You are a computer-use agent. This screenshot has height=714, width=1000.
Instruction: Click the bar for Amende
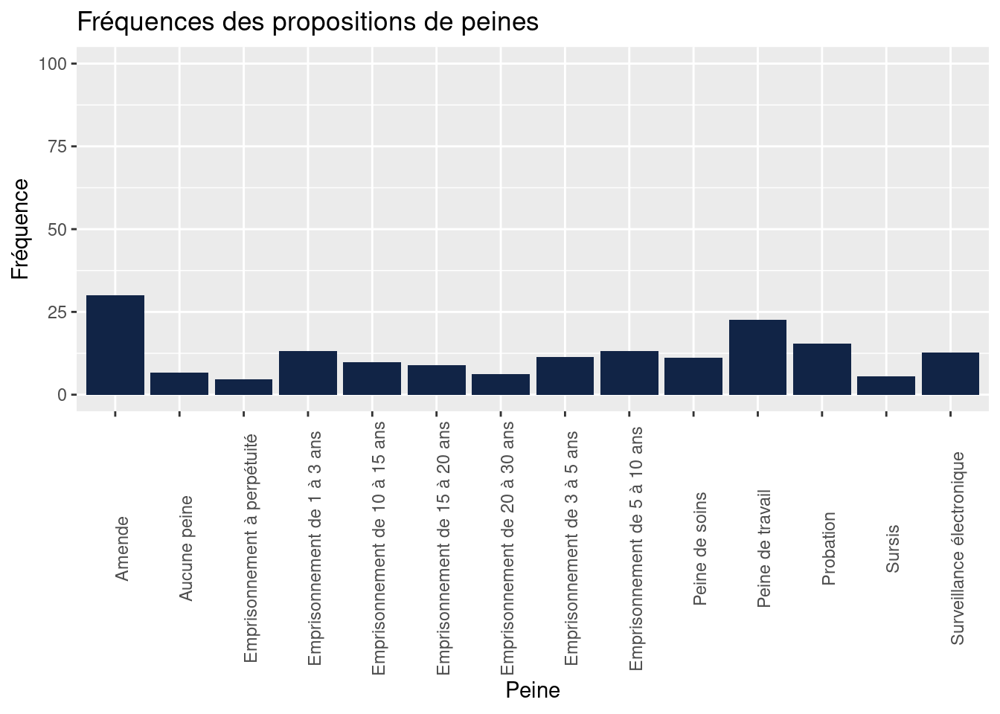coord(115,345)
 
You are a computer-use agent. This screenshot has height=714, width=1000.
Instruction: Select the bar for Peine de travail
coord(757,357)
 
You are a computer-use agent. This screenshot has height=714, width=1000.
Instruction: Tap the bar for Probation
coord(822,369)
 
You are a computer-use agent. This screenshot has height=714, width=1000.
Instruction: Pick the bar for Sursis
coord(886,385)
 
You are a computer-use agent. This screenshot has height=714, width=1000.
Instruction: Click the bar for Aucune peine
coord(179,384)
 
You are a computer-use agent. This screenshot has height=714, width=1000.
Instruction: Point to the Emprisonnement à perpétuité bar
coord(243,387)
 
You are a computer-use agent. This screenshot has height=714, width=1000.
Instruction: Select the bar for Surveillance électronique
coord(950,373)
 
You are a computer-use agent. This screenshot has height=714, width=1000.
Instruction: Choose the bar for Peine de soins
coord(693,376)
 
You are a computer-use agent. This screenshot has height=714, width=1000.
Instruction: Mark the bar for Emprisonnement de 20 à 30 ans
coord(501,385)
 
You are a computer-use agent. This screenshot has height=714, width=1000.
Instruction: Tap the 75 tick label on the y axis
coord(57,147)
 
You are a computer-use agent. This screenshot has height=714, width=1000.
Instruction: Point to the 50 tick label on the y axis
coord(57,229)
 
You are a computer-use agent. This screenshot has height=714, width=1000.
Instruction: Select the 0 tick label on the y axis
coord(62,395)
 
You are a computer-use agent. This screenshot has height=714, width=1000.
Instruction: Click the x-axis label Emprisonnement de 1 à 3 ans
coord(315,547)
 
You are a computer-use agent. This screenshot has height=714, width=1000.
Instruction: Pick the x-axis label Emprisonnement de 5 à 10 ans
coord(636,549)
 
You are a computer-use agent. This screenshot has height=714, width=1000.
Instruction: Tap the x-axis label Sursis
coord(893,549)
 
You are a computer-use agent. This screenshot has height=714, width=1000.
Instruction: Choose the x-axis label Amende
coord(123,549)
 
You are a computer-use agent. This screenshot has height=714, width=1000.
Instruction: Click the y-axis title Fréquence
coord(21,229)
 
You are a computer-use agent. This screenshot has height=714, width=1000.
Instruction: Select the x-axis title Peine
coord(533,691)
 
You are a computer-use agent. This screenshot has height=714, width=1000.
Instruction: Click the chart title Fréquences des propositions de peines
coord(308,22)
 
